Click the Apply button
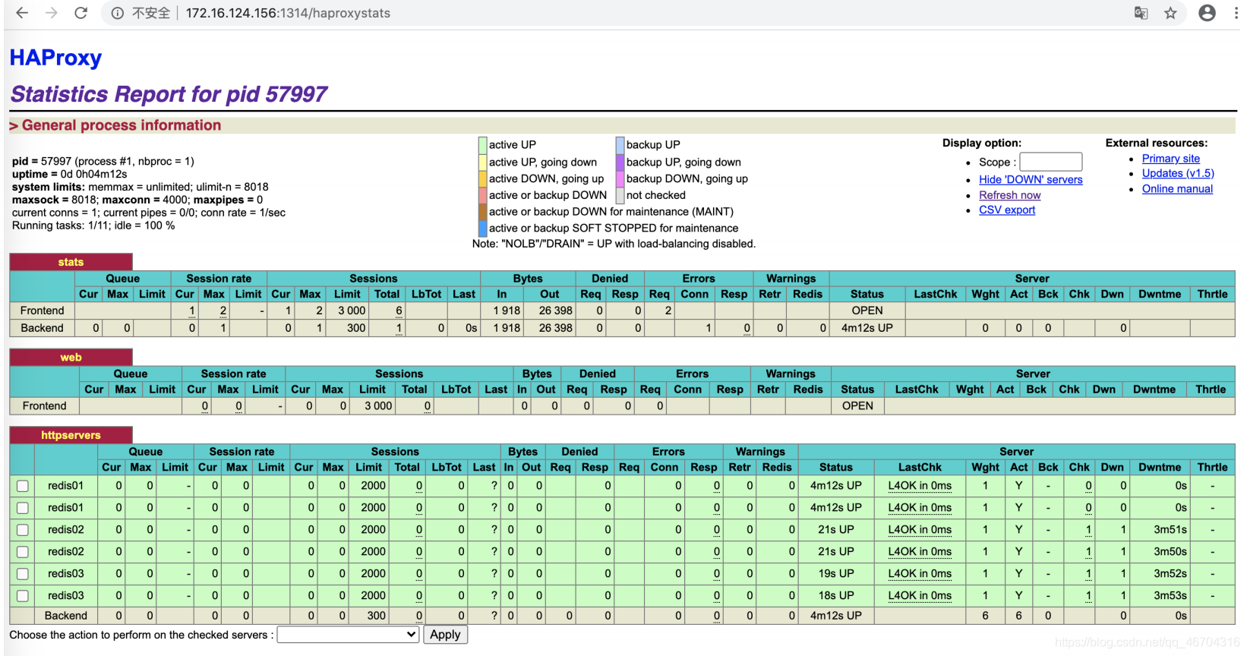pyautogui.click(x=445, y=635)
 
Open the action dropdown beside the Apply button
pyautogui.click(x=349, y=635)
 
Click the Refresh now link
pyautogui.click(x=1009, y=195)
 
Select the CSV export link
pyautogui.click(x=1006, y=210)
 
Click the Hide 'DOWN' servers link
pyautogui.click(x=1030, y=180)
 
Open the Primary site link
pyautogui.click(x=1170, y=159)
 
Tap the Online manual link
pyautogui.click(x=1176, y=189)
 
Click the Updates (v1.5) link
pyautogui.click(x=1177, y=174)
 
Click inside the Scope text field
pyautogui.click(x=1050, y=162)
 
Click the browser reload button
pyautogui.click(x=81, y=13)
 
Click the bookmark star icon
pyautogui.click(x=1170, y=13)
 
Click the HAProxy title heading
pyautogui.click(x=55, y=58)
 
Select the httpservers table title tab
pyautogui.click(x=71, y=435)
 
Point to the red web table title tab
pyautogui.click(x=71, y=358)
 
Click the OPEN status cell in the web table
pyautogui.click(x=857, y=406)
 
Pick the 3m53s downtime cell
pyautogui.click(x=1170, y=596)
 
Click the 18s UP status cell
pyautogui.click(x=835, y=596)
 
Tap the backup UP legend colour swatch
pyautogui.click(x=620, y=145)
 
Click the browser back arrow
pyautogui.click(x=22, y=13)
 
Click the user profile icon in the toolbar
pyautogui.click(x=1207, y=13)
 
